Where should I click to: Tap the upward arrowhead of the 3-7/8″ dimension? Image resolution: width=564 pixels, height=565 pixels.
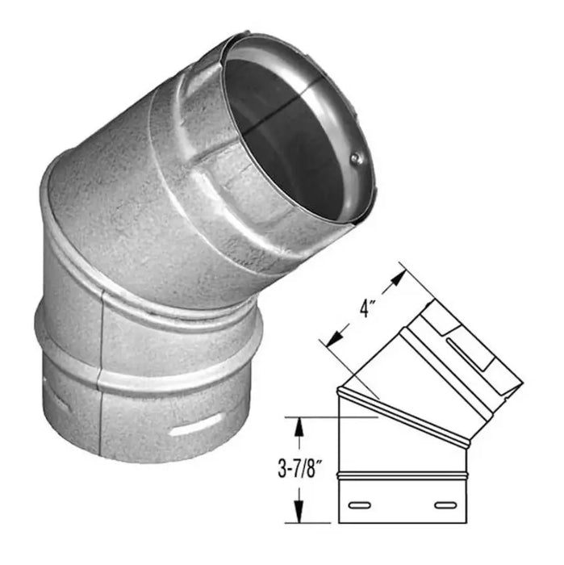tap(299, 428)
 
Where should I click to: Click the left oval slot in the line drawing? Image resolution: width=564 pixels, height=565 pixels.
tap(359, 505)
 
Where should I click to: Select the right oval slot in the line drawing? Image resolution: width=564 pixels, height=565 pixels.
tap(445, 505)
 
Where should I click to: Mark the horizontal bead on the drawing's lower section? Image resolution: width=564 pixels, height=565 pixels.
tap(403, 475)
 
